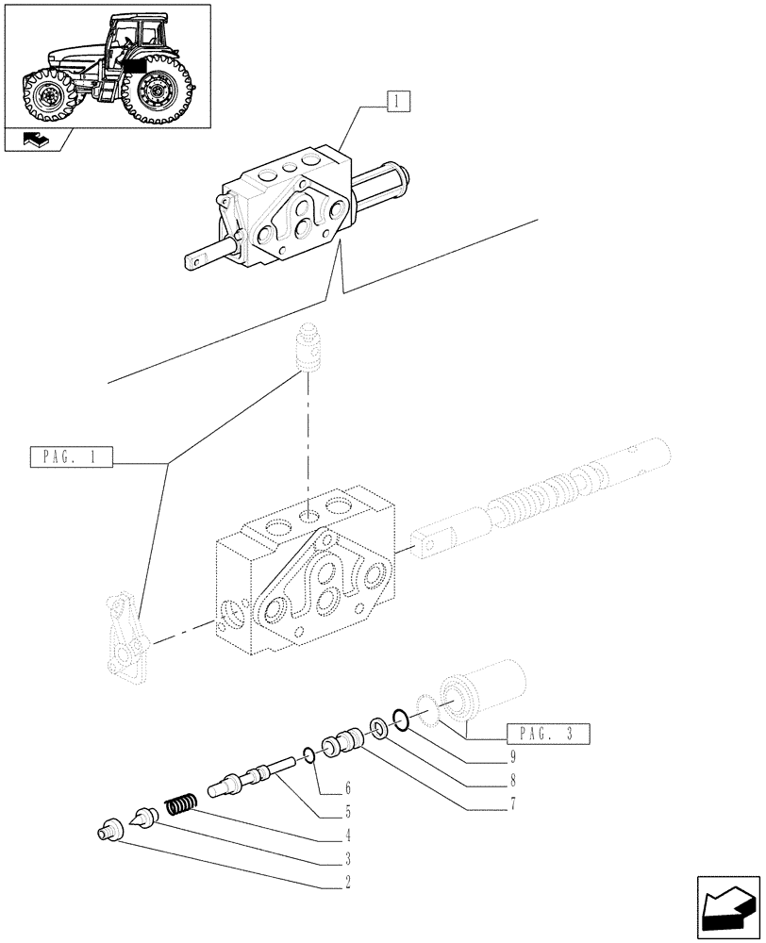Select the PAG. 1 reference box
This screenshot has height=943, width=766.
click(72, 459)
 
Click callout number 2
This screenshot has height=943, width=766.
click(348, 883)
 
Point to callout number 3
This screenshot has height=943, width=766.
click(348, 859)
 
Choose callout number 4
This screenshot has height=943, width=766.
click(348, 835)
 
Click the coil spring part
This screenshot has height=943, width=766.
click(180, 804)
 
